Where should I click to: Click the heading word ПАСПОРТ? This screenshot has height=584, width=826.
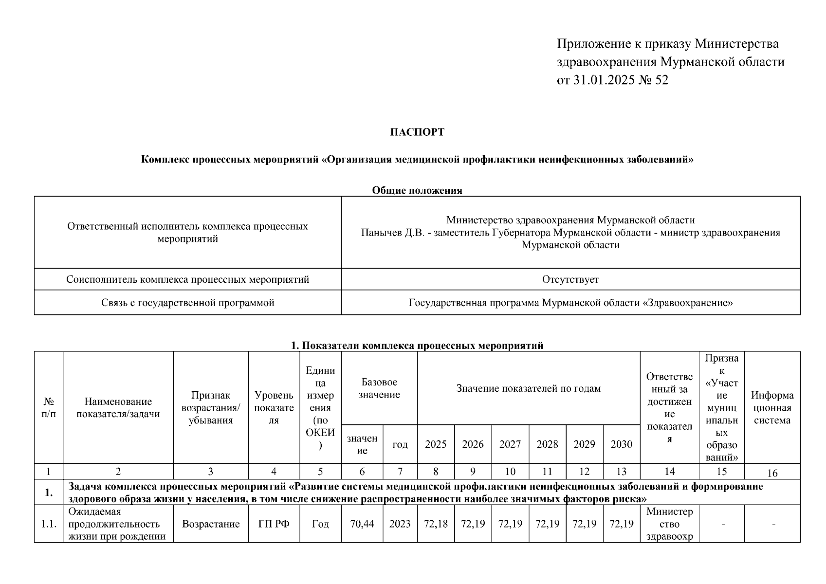pyautogui.click(x=417, y=132)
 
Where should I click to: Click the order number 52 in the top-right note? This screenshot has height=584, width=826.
pyautogui.click(x=662, y=80)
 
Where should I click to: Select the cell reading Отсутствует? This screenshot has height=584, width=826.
pyautogui.click(x=570, y=280)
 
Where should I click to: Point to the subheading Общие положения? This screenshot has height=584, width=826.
pyautogui.click(x=417, y=190)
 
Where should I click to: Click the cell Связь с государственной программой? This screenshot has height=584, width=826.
pyautogui.click(x=187, y=303)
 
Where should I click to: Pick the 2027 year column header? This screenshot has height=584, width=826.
pyautogui.click(x=510, y=444)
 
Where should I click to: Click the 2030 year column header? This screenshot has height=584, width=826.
pyautogui.click(x=622, y=444)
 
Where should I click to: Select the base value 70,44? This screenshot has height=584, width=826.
pyautogui.click(x=362, y=524)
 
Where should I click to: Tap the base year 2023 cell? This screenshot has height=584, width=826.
pyautogui.click(x=400, y=524)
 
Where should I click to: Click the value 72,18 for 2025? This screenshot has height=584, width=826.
pyautogui.click(x=436, y=524)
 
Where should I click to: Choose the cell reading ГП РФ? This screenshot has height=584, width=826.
pyautogui.click(x=274, y=524)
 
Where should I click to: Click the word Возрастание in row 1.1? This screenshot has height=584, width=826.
pyautogui.click(x=211, y=524)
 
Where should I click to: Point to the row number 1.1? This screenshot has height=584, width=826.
pyautogui.click(x=49, y=524)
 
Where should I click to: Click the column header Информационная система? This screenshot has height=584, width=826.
pyautogui.click(x=772, y=408)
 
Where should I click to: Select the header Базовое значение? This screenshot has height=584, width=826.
pyautogui.click(x=379, y=388)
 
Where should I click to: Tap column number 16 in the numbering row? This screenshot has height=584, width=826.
pyautogui.click(x=772, y=473)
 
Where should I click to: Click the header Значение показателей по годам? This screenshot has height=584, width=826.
pyautogui.click(x=528, y=388)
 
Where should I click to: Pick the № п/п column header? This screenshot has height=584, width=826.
pyautogui.click(x=49, y=408)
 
